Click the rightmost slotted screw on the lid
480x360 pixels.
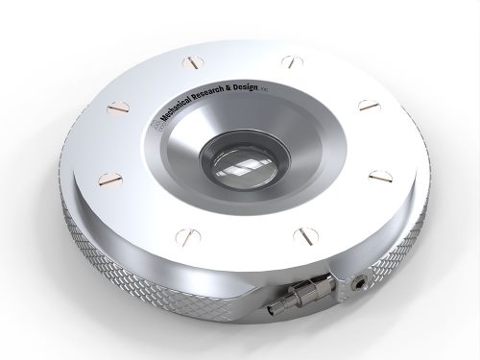pyautogui.click(x=378, y=175)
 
